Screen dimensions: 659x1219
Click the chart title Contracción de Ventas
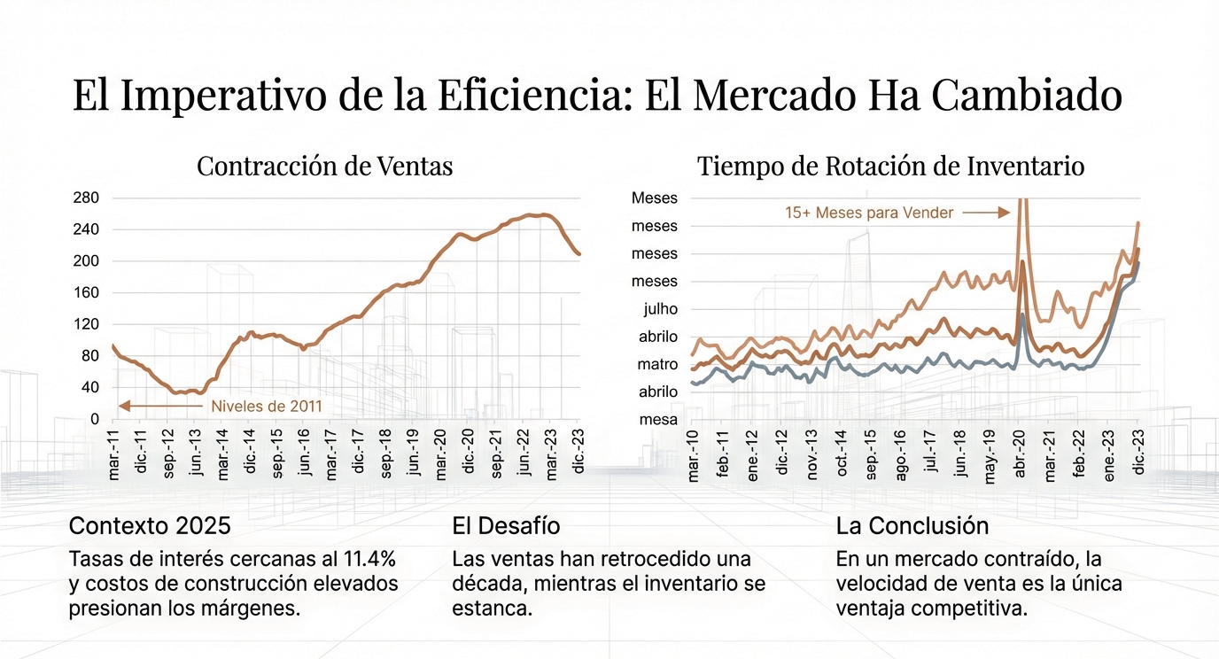pyautogui.click(x=324, y=167)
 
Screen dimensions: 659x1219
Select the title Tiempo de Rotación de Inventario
pyautogui.click(x=890, y=167)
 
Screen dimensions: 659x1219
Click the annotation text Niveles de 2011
pyautogui.click(x=267, y=407)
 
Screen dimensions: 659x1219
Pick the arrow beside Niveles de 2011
pyautogui.click(x=159, y=406)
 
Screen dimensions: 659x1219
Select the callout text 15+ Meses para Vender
pyautogui.click(x=869, y=213)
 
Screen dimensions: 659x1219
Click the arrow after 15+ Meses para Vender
pyautogui.click(x=986, y=213)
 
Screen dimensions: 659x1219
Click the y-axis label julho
pyautogui.click(x=656, y=309)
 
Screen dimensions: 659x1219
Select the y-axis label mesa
pyautogui.click(x=657, y=420)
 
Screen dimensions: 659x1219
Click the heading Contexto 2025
pyautogui.click(x=150, y=525)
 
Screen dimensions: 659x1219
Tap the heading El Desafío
pyautogui.click(x=506, y=525)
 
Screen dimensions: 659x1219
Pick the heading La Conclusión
pyautogui.click(x=912, y=525)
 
